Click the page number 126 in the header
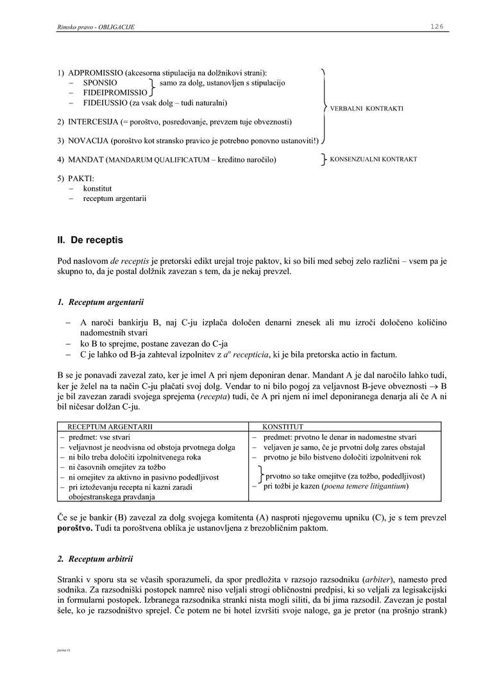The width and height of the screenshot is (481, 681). [437, 26]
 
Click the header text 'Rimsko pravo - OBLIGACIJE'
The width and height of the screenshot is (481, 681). [96, 27]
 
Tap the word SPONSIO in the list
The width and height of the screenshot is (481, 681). [100, 83]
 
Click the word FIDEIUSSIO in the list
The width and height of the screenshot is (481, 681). [105, 102]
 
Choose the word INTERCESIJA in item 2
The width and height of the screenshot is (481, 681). [92, 121]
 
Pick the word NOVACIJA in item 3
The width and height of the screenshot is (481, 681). [88, 140]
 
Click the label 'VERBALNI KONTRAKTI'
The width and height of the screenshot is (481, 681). [367, 108]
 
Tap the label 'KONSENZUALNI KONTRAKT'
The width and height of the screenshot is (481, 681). [373, 159]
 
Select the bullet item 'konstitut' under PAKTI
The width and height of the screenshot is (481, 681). [97, 189]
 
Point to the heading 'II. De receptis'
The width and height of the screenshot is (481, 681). [90, 240]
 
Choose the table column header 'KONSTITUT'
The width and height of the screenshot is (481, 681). [283, 426]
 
